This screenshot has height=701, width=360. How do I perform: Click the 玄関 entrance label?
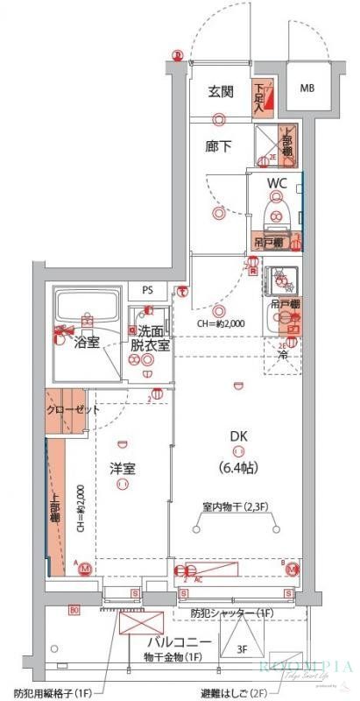pos(220,92)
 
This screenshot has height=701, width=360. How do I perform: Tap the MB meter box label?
pos(308,89)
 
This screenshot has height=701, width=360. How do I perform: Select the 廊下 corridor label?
pos(220,146)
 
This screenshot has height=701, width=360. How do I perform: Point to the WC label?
pos(278,183)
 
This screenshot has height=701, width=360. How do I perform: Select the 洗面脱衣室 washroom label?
pos(150,338)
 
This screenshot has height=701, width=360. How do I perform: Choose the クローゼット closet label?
pos(72,409)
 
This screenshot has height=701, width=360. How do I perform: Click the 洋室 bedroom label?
pos(123,468)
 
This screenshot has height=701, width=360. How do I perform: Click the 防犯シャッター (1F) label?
pos(230,612)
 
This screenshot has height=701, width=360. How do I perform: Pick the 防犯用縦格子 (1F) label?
pos(53,692)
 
